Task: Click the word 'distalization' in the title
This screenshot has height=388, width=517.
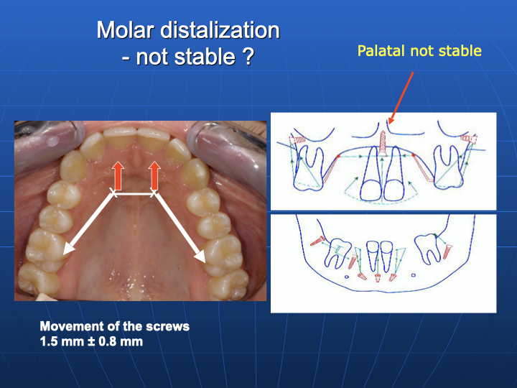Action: point(220,30)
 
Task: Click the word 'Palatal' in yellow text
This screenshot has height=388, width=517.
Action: point(381,51)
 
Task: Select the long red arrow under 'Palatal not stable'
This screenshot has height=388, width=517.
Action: point(401,98)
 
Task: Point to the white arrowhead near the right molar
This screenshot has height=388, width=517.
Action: point(200,256)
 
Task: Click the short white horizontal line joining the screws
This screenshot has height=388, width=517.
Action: point(134,194)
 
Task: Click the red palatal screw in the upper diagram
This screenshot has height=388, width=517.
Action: point(383,144)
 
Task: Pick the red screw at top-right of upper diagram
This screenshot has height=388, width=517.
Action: point(469,139)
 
